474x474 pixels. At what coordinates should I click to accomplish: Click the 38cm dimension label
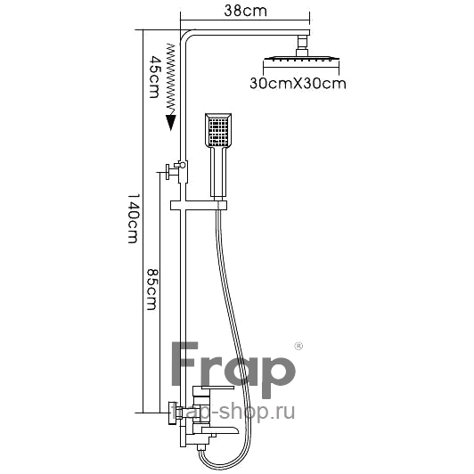(x=246, y=12)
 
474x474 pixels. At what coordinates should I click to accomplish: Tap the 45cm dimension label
(x=154, y=77)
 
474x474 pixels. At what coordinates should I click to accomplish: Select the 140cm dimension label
(x=133, y=218)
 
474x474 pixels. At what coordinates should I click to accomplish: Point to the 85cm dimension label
(x=152, y=289)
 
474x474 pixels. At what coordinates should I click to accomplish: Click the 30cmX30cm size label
(x=298, y=83)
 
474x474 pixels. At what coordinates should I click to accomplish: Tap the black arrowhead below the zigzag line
(x=171, y=122)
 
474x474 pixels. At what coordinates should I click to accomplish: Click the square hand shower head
(x=218, y=130)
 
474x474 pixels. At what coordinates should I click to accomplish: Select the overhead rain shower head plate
(x=301, y=59)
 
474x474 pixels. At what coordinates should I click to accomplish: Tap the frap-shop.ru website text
(x=233, y=413)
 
